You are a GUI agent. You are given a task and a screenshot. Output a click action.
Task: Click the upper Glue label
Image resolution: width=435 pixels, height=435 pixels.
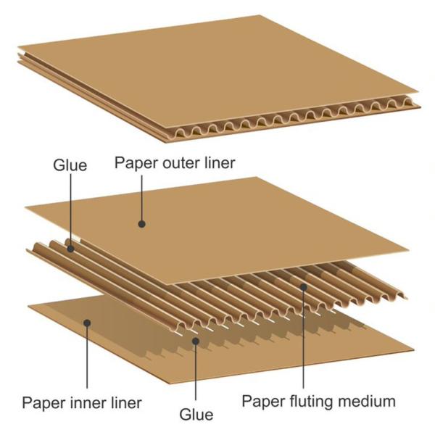coord(70,165)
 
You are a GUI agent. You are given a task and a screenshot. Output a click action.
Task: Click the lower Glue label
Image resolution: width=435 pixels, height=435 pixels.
coord(196,415)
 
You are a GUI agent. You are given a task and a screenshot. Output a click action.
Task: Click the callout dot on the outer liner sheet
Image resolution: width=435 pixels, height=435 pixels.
coord(142,224)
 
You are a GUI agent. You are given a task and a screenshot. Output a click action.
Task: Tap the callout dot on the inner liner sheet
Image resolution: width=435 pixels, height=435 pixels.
coord(87,323)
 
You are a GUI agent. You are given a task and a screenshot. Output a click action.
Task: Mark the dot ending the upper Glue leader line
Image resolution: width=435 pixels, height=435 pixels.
coord(70,249)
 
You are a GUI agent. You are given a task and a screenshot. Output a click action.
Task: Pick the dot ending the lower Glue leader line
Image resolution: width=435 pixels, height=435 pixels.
coord(196,341)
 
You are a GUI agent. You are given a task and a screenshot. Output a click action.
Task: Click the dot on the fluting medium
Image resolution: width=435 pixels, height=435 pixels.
coord(304,287)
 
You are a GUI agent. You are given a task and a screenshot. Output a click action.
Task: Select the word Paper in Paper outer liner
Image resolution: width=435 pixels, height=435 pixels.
coord(136,163)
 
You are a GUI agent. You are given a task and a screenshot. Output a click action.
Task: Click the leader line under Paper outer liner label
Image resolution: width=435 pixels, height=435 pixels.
coord(142,197)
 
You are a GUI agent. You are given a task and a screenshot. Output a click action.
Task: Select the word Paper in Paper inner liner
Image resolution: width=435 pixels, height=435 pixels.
coord(43,402)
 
